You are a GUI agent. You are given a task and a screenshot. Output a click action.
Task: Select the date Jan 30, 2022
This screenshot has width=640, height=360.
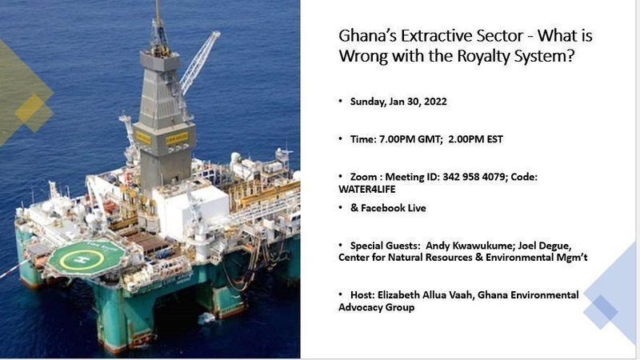coord(418,102)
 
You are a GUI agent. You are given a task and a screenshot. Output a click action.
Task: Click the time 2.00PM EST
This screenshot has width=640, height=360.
coord(475,139)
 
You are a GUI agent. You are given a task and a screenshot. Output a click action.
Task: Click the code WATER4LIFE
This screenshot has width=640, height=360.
coord(367,190)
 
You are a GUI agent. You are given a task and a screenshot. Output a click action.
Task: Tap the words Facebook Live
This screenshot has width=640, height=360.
coord(394,208)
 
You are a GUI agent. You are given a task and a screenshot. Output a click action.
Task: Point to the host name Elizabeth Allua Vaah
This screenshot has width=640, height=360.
coord(426,294)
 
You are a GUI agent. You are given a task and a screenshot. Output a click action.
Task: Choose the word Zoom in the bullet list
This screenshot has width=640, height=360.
coord(363,177)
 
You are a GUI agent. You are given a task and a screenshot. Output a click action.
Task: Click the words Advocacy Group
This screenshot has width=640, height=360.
coord(376,307)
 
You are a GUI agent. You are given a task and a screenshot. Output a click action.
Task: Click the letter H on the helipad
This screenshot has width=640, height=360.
coord(83,259)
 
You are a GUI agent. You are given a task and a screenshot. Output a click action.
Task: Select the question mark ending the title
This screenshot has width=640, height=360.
coord(570,55)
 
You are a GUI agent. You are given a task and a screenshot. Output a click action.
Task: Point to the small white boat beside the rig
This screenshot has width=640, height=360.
coord(207,318)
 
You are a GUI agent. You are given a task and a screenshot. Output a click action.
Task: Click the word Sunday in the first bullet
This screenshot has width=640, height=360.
coord(367,102)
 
